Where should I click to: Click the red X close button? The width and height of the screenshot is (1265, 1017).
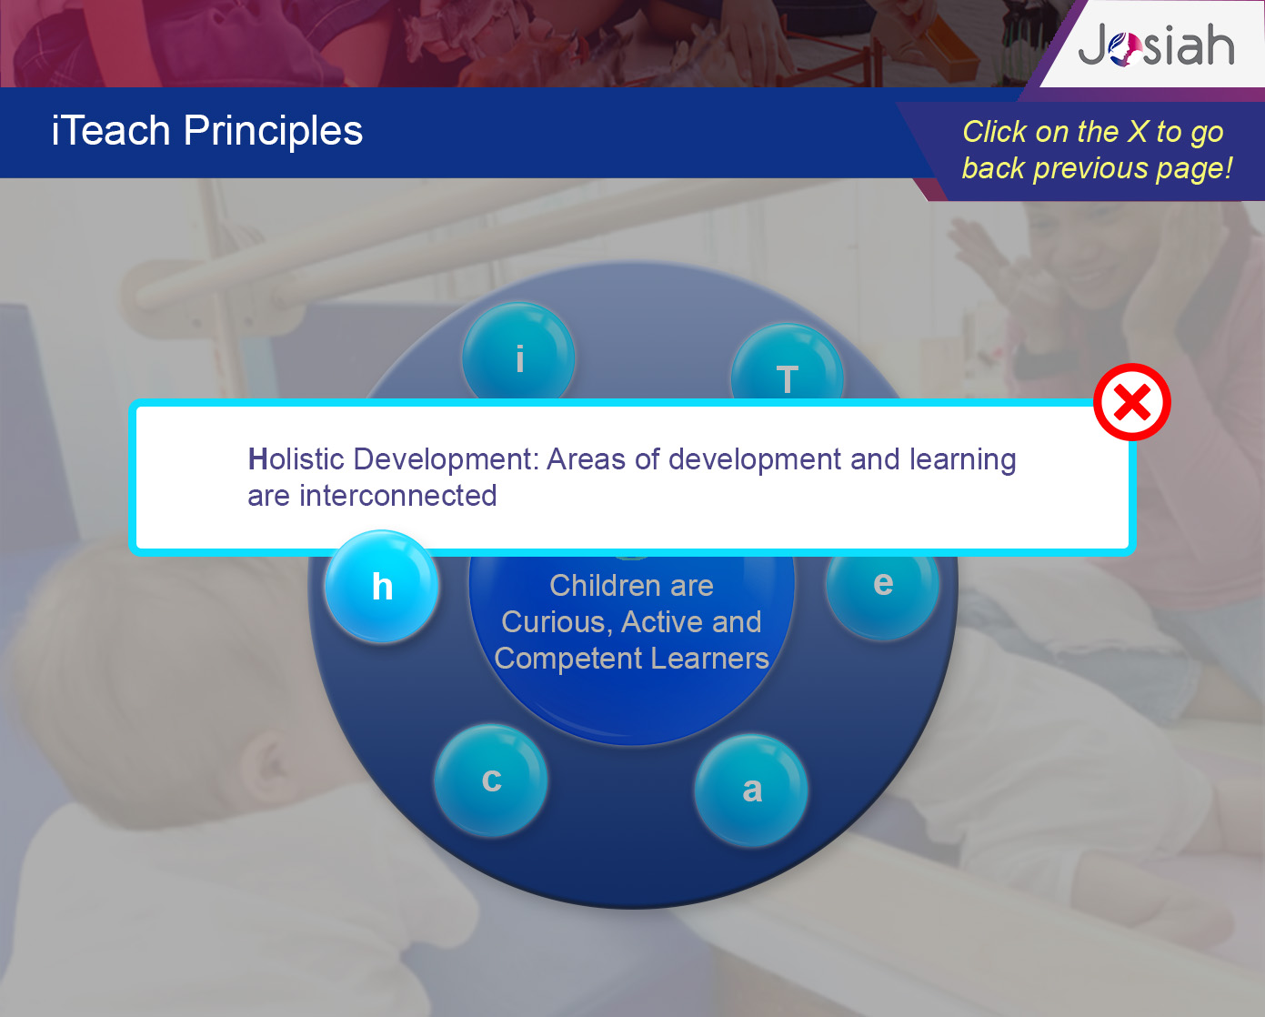(x=1132, y=402)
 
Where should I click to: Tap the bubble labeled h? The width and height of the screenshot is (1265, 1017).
(x=381, y=586)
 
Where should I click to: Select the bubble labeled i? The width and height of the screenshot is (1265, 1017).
(x=518, y=353)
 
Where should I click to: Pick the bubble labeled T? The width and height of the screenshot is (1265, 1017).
(x=787, y=364)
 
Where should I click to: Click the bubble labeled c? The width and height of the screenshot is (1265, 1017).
(x=491, y=780)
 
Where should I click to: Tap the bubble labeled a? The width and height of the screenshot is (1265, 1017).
(x=751, y=790)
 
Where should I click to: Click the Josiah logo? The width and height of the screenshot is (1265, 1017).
(x=1156, y=45)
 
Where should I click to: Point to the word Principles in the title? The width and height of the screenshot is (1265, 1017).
(x=274, y=131)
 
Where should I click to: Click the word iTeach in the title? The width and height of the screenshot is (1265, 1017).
(x=111, y=130)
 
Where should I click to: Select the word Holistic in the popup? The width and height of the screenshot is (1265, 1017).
(x=296, y=458)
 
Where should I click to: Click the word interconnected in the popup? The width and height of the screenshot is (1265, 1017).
(x=398, y=495)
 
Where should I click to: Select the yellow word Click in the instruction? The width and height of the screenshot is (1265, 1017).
(x=995, y=131)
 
